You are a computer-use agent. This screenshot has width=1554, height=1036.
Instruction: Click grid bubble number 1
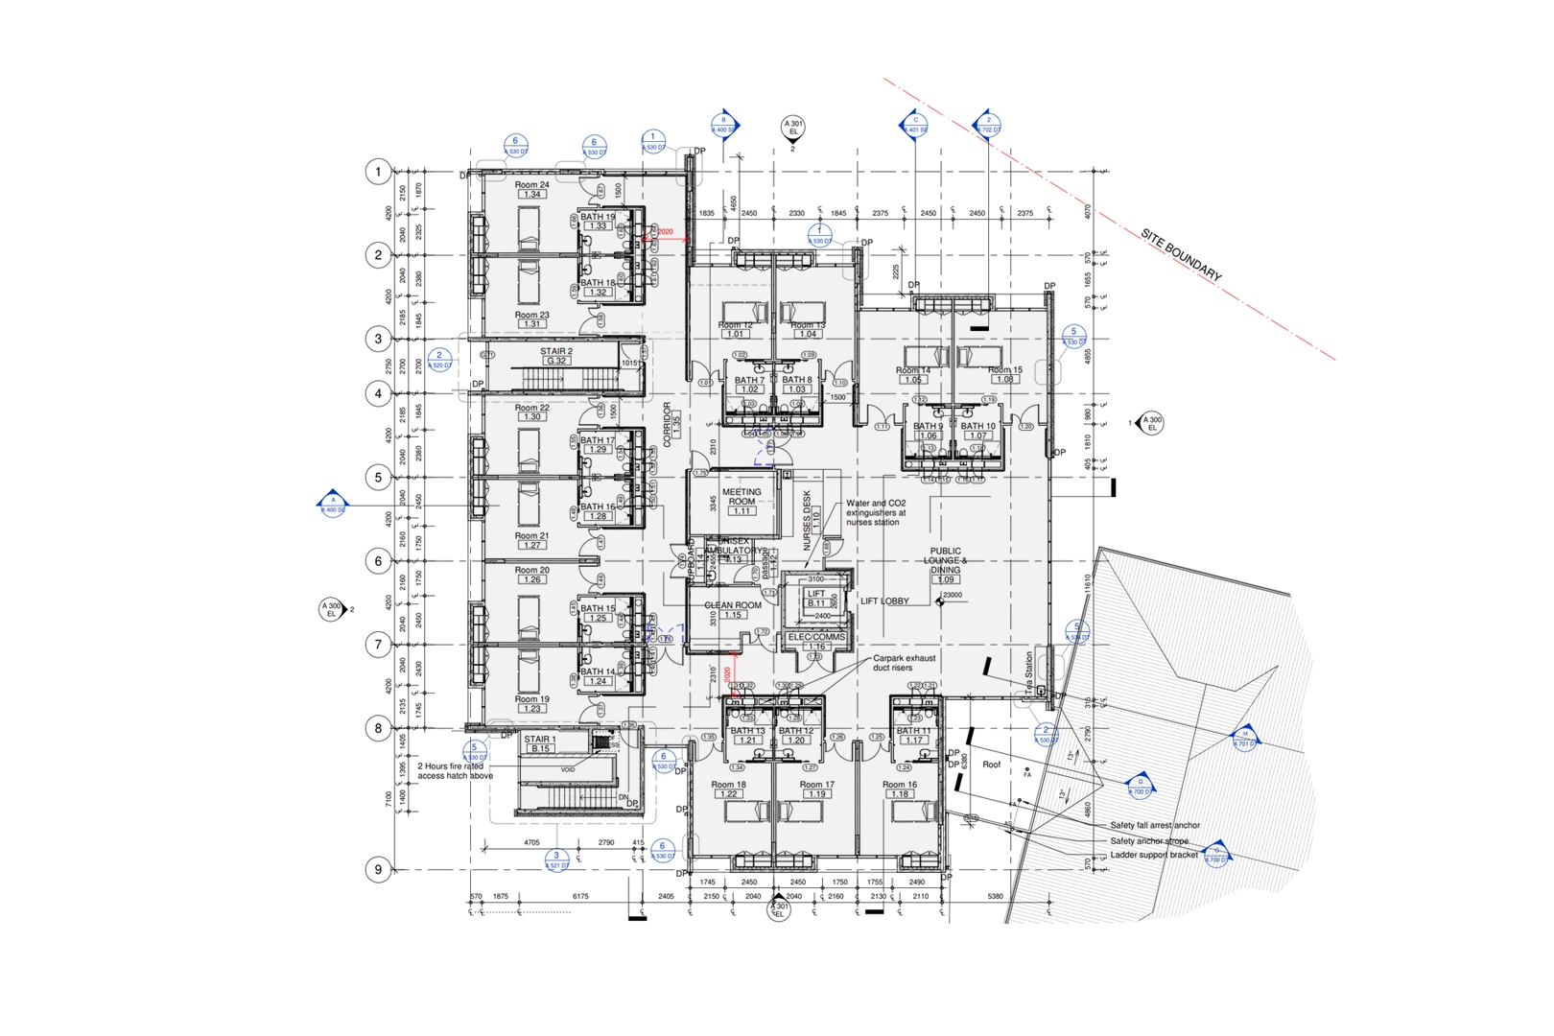click(378, 172)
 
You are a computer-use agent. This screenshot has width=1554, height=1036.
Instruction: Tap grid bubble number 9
click(378, 869)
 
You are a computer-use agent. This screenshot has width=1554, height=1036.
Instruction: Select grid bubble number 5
click(378, 477)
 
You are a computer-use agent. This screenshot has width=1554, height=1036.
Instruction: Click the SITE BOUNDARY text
click(1181, 254)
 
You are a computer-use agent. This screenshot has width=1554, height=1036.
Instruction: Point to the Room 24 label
click(531, 185)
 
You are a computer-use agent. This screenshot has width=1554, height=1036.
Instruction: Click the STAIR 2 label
click(555, 352)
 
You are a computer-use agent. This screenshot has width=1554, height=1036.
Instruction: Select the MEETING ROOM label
click(742, 496)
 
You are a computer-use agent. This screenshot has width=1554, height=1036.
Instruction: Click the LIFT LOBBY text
click(884, 601)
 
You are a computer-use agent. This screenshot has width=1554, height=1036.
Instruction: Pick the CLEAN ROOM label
click(733, 605)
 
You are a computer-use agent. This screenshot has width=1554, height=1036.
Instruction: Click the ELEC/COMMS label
click(816, 637)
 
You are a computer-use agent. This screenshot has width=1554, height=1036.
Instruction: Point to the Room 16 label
click(900, 785)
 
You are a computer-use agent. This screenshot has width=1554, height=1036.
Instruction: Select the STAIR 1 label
click(539, 740)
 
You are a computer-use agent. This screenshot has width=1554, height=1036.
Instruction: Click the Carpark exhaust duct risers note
click(904, 663)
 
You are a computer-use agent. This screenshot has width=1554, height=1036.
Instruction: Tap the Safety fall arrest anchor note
click(1155, 825)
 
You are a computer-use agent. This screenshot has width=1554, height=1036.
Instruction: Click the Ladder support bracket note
click(1154, 855)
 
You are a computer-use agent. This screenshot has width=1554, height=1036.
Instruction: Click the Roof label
click(991, 765)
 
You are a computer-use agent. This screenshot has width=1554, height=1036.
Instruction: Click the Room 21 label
click(531, 536)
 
